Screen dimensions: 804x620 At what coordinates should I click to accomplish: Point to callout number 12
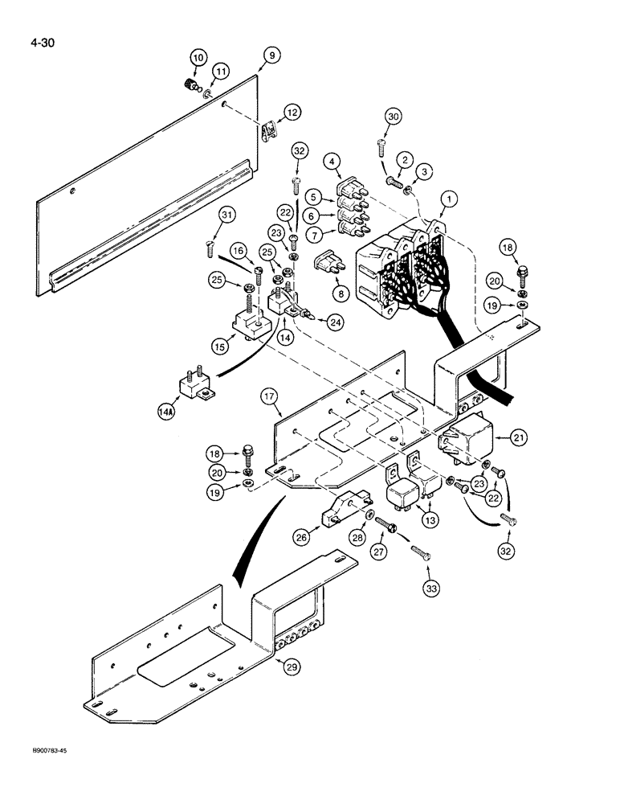click(x=292, y=113)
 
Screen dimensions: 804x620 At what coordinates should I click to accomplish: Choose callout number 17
click(x=269, y=396)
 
